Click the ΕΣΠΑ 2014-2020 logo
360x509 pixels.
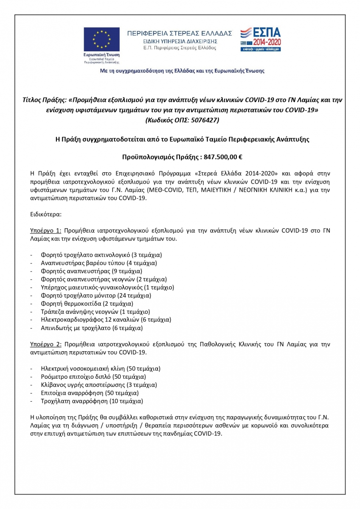260,39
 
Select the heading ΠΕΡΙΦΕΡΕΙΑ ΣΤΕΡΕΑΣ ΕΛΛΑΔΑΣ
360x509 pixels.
180,33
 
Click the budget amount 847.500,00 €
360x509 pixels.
223,157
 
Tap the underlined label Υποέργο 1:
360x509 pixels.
46,230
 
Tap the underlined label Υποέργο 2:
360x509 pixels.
46,344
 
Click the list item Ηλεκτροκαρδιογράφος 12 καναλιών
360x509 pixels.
106,320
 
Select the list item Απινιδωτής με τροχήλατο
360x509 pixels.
92,328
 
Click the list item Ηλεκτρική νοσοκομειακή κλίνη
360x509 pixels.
101,369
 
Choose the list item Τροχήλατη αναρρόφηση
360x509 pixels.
92,401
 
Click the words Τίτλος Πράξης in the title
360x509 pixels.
44,100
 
